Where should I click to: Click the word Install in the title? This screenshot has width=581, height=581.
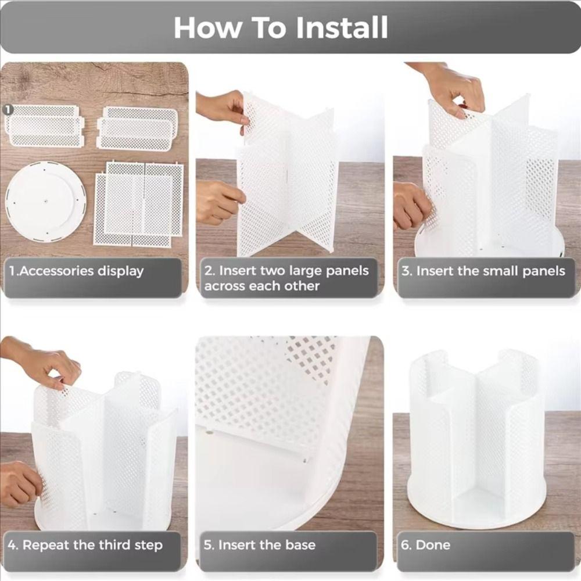(342, 28)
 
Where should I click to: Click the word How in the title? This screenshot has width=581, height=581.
(207, 28)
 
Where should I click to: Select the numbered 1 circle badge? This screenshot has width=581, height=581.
(8, 109)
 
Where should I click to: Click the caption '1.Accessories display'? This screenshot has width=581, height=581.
(76, 271)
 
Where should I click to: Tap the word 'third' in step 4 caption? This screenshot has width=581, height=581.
(111, 545)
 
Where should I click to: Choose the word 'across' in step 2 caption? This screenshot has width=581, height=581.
(225, 286)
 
